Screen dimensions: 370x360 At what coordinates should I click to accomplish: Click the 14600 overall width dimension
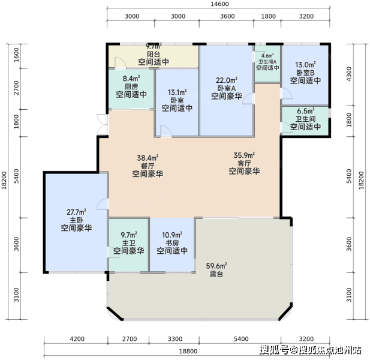coord(219,4)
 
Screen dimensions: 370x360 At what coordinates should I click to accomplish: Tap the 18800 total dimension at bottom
coord(188,351)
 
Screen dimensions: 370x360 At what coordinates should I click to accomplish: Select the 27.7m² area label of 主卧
coord(76,212)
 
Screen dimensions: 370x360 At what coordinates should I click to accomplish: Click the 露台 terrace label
coord(216,274)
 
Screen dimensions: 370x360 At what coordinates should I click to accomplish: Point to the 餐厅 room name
coord(148,166)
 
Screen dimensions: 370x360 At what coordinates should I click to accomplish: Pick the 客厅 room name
coord(244,163)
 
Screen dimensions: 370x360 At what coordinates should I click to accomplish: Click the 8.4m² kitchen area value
coord(131,78)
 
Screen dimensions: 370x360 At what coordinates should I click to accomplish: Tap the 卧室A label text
coord(227,88)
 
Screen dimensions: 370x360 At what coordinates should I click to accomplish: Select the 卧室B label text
coord(305,73)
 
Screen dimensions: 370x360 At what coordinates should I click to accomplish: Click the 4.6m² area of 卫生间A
coord(267,56)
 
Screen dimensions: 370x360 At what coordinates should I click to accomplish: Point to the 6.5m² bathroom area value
coord(306,111)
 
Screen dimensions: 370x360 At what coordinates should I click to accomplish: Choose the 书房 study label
coord(172,243)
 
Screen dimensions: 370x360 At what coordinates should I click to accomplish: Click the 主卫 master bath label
coord(128,243)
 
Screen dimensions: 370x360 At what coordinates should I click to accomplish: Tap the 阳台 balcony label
coord(154,54)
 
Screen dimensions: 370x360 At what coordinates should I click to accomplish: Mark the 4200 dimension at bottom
coord(77,339)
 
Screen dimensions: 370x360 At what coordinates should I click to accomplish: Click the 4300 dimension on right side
coord(349,74)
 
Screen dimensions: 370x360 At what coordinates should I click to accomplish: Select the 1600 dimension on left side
coord(16,55)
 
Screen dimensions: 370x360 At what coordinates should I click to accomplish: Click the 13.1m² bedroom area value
coord(178,92)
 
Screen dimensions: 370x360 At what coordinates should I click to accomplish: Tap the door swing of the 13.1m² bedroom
coord(166,131)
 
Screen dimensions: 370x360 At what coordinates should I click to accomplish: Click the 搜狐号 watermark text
coord(275,350)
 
